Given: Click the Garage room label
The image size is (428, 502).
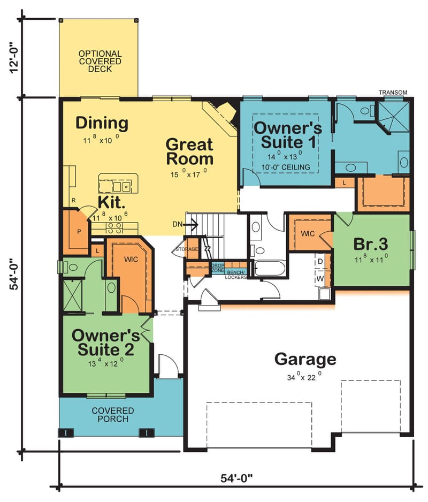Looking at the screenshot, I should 305,359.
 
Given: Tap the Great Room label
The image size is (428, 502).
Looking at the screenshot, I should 189,151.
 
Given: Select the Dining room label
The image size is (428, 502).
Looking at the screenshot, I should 102,123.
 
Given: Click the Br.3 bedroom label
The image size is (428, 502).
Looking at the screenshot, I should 370,244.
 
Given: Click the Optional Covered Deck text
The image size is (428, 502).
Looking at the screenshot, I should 100,62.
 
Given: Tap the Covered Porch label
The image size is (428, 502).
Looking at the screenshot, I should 113,414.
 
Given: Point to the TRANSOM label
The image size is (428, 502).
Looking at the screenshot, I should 393,93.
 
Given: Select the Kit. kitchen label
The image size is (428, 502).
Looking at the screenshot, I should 112,202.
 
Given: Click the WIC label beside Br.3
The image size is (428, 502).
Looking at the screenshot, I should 308,234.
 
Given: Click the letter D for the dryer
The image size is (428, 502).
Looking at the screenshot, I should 320,261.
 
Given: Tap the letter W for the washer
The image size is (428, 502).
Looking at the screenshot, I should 320,278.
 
